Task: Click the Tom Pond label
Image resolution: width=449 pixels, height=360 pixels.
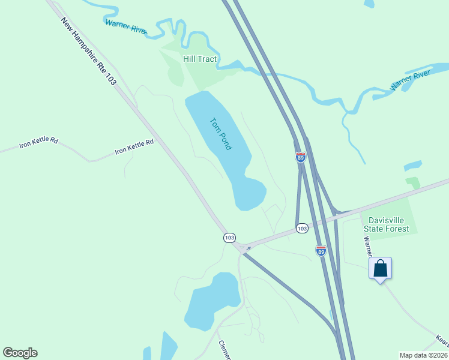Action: [x=221, y=133]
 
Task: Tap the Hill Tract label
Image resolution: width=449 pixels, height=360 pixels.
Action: [x=200, y=59]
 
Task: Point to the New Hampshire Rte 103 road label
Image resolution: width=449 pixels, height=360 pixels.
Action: [x=88, y=52]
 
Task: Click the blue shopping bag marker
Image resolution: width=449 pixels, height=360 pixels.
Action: [x=380, y=268]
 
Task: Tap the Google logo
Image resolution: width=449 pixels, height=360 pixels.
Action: [x=20, y=353]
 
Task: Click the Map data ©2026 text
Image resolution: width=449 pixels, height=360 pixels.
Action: [x=423, y=355]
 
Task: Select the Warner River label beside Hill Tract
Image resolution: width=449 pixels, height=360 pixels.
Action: [x=125, y=27]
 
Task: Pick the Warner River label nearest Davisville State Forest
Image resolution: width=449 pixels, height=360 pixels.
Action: [x=411, y=80]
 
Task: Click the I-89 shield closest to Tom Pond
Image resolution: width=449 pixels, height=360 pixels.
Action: [x=301, y=157]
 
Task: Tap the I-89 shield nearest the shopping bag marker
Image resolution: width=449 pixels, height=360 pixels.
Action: [x=321, y=251]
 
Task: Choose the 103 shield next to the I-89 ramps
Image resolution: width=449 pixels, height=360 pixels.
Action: [x=302, y=228]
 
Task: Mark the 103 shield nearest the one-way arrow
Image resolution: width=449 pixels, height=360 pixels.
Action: [x=229, y=238]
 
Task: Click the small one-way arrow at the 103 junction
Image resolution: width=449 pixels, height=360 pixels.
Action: [x=247, y=248]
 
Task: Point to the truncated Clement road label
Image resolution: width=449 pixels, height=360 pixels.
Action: [x=224, y=350]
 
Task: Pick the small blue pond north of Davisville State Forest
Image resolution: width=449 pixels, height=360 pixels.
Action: [x=413, y=165]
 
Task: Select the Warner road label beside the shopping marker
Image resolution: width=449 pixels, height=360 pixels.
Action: [x=367, y=243]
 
